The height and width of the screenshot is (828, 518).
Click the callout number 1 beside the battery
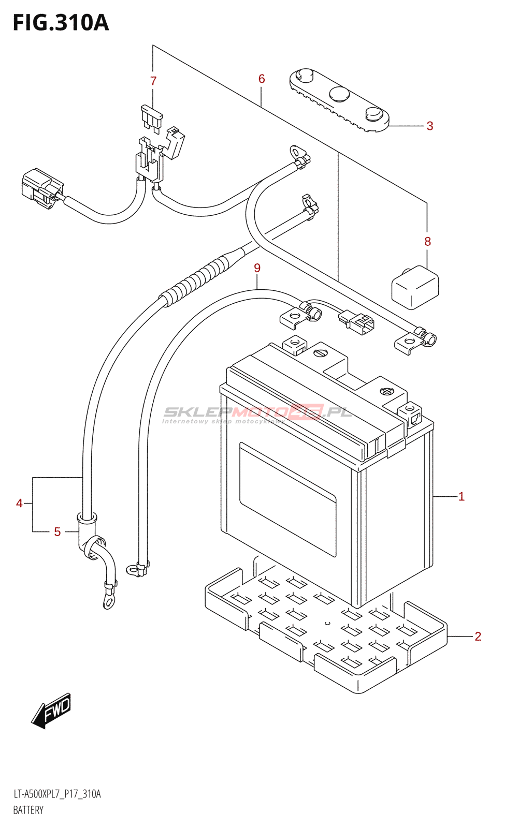click(x=461, y=497)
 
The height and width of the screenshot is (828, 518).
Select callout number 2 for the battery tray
click(x=478, y=636)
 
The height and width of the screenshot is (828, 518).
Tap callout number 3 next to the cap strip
click(x=429, y=126)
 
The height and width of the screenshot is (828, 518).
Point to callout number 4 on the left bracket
click(x=19, y=503)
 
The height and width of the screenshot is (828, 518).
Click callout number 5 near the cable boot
click(x=57, y=532)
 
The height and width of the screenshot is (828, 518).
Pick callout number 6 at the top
click(x=262, y=79)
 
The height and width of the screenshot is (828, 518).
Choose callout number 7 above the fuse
click(x=153, y=81)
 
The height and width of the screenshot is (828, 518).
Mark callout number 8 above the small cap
click(x=427, y=241)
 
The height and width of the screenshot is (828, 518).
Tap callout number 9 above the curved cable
click(x=257, y=268)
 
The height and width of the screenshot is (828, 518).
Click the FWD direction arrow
click(x=52, y=711)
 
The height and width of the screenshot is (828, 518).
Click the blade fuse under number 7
click(x=152, y=117)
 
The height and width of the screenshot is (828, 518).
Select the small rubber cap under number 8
click(x=415, y=287)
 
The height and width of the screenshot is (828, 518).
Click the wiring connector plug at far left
click(x=41, y=188)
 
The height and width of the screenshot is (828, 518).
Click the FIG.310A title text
click(x=61, y=23)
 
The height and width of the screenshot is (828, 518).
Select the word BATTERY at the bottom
click(x=28, y=810)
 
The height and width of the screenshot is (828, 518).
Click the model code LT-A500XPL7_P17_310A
click(x=57, y=794)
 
